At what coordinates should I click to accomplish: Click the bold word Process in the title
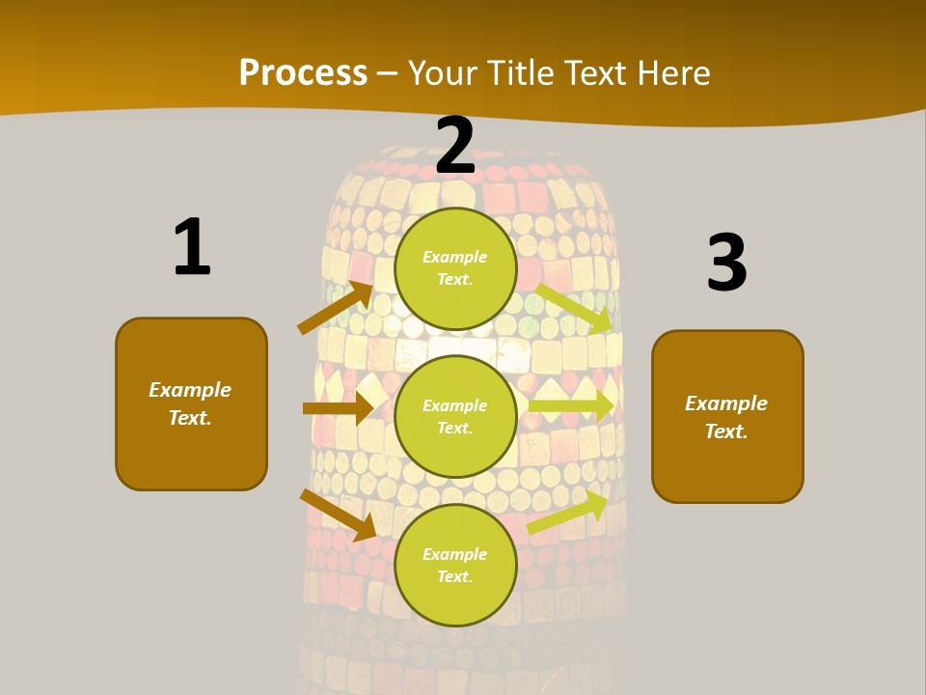[303, 73]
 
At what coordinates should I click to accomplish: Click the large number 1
[192, 247]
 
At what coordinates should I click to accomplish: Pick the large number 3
[726, 263]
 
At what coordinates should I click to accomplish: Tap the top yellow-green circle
[455, 268]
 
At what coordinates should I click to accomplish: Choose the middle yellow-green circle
[455, 416]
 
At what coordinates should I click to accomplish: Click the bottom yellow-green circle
[455, 565]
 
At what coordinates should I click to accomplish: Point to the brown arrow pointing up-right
[335, 308]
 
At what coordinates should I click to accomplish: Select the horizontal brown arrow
[338, 408]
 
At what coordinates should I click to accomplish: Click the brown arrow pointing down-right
[338, 514]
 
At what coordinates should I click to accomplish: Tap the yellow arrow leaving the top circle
[573, 308]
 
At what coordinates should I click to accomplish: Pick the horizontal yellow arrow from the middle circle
[571, 404]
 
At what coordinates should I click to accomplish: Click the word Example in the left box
[190, 390]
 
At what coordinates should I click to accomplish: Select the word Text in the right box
[726, 431]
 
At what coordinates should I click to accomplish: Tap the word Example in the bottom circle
[455, 554]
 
